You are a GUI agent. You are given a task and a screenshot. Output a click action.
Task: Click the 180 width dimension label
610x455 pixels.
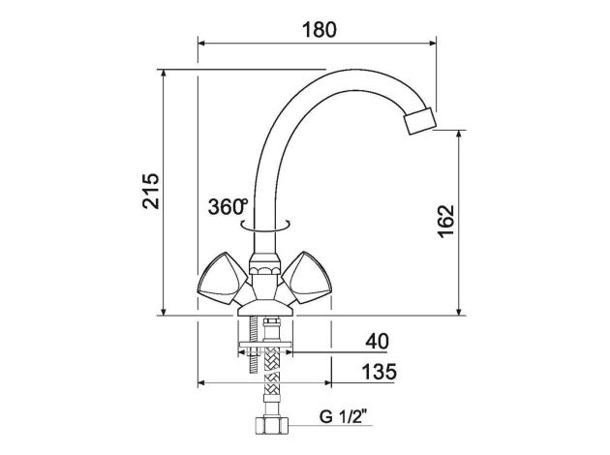(319, 30)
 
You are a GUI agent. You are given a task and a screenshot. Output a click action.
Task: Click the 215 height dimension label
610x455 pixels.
(150, 191)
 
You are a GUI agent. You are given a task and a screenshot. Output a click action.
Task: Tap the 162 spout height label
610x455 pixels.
(445, 221)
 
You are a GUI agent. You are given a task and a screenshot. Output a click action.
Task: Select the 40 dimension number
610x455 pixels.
(377, 341)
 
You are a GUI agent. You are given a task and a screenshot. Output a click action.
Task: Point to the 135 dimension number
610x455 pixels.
(380, 372)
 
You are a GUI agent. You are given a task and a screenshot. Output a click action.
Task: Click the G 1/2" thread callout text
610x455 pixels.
(344, 417)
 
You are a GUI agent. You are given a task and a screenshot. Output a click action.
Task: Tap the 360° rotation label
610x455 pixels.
(228, 206)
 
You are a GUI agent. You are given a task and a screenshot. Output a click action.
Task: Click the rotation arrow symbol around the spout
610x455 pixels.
(265, 226)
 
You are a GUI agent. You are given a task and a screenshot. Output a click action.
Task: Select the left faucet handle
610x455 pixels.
(223, 277)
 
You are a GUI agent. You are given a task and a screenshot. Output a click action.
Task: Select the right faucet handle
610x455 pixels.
(307, 277)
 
